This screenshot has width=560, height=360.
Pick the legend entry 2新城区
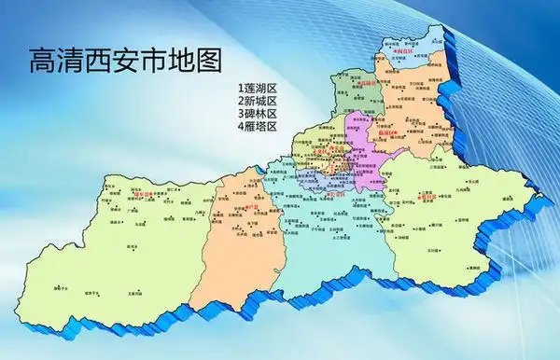(259, 100)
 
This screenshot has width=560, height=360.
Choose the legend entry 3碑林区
(259, 113)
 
